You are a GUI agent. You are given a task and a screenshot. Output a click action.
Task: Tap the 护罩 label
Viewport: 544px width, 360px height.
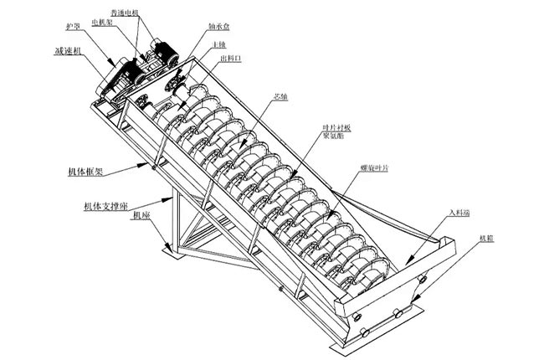77,26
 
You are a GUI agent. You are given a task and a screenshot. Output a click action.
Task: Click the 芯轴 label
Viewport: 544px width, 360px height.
281,95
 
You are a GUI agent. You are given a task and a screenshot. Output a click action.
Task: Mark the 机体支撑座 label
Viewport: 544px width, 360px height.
107,203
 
